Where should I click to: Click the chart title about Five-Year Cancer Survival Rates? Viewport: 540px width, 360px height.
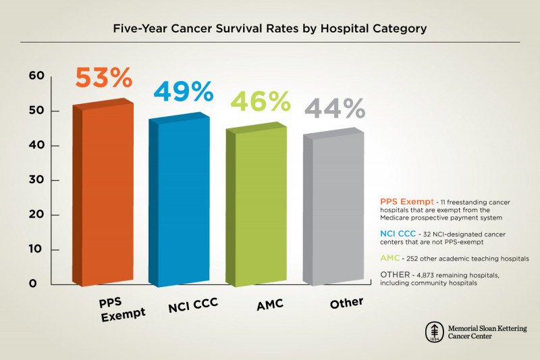click(269, 29)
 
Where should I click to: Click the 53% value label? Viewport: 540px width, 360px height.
click(103, 78)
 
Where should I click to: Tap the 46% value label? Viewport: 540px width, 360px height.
click(261, 101)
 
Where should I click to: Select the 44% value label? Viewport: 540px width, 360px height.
click(335, 108)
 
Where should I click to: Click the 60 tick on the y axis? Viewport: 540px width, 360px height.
click(36, 76)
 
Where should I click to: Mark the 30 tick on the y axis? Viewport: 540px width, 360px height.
click(36, 180)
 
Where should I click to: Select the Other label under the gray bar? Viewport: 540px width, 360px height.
click(347, 303)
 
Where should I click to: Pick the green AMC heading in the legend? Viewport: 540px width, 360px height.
click(390, 259)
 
